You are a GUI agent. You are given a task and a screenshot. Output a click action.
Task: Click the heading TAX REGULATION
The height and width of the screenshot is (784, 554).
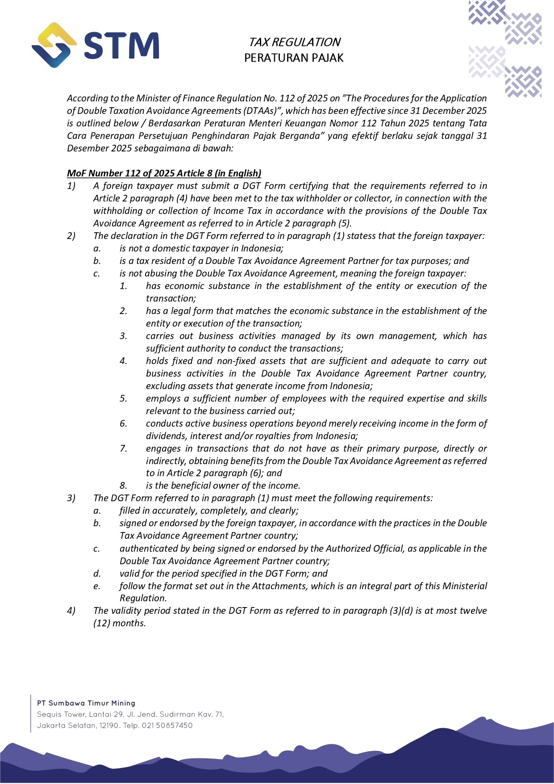pos(294,42)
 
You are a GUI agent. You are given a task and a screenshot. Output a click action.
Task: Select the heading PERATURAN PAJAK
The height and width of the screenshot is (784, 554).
pos(294,58)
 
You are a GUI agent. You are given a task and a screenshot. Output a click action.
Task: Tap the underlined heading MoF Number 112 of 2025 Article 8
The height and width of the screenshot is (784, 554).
pos(164,173)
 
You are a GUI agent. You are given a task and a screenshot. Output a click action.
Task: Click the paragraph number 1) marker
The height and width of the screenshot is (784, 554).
pos(71,186)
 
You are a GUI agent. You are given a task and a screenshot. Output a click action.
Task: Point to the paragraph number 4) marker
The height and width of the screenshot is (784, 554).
pos(71,611)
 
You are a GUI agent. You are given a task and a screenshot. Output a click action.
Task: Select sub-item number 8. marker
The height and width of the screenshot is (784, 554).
pos(124,486)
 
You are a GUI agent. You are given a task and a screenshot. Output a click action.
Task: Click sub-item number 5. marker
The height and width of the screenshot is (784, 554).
pos(124,398)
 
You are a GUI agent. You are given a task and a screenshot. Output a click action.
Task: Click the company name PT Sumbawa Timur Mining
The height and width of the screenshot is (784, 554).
pos(86,703)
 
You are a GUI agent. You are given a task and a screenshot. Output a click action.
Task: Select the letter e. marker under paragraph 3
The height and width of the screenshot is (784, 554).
pos(97,586)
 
